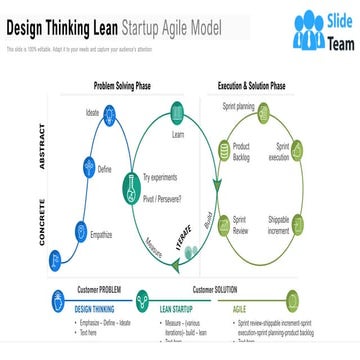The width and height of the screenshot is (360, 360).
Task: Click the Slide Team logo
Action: point(322,30)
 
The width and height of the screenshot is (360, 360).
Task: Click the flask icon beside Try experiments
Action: point(131,184)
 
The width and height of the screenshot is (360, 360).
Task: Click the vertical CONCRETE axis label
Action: point(43,222)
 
